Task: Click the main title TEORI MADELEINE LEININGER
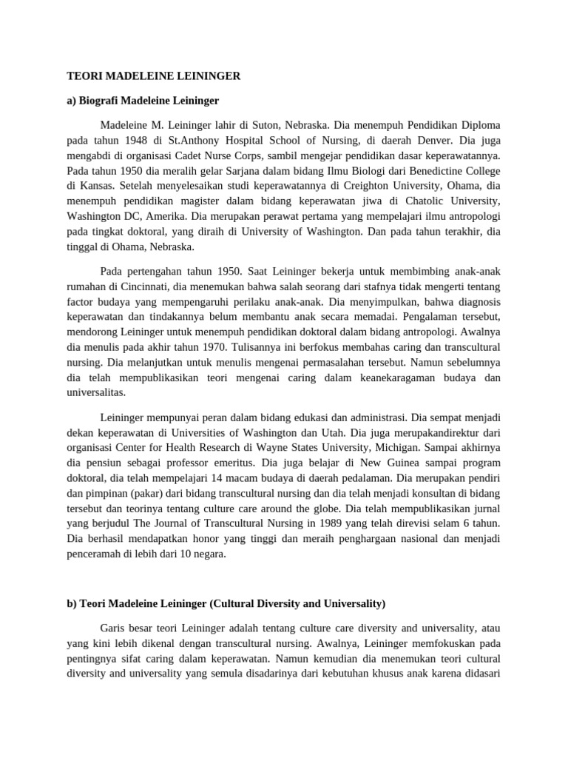click(154, 76)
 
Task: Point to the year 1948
click(128, 138)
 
